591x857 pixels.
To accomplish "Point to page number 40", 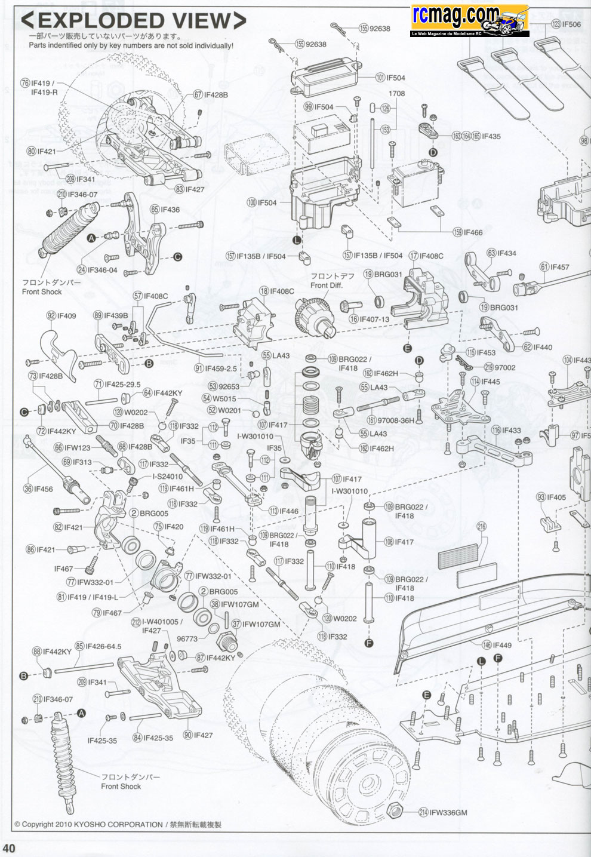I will tap(10, 848).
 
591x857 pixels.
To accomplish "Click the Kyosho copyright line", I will tap(118, 824).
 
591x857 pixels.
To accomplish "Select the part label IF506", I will tap(571, 24).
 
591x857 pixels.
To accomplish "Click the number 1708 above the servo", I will tap(396, 94).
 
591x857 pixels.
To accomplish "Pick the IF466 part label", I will tap(472, 232).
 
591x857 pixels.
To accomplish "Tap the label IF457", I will tap(559, 267).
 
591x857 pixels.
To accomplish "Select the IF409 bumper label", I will tap(66, 315).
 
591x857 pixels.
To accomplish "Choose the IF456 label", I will tap(42, 489).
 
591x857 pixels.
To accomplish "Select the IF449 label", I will tap(502, 645).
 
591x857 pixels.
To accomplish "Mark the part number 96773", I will tap(187, 638).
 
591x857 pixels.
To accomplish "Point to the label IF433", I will tap(511, 430).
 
